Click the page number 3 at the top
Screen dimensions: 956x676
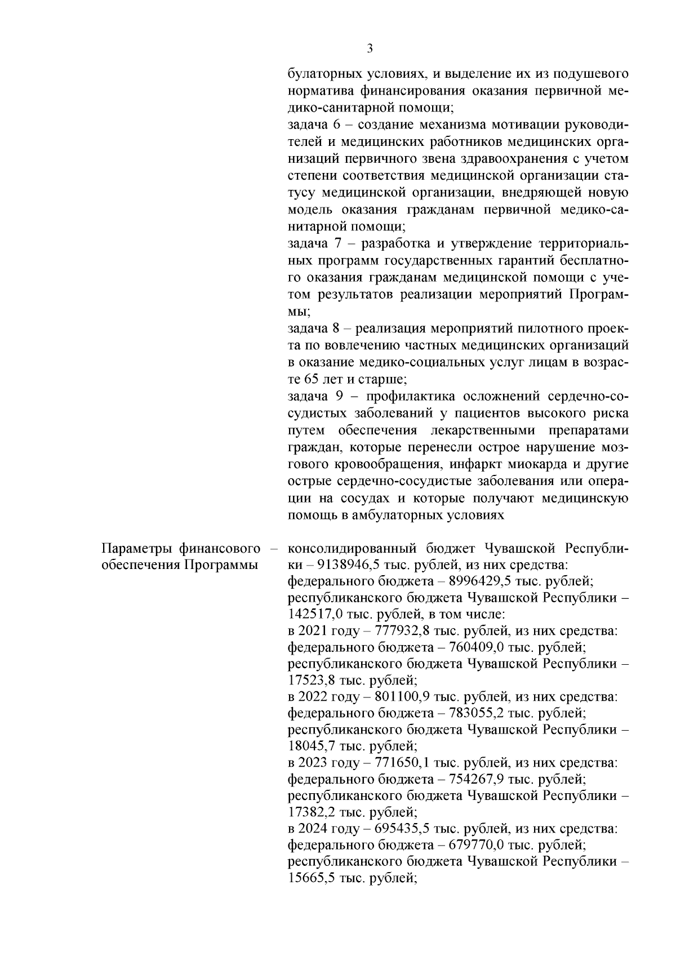coord(370,49)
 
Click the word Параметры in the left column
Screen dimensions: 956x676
coord(135,548)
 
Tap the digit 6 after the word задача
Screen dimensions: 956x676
coord(333,124)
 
